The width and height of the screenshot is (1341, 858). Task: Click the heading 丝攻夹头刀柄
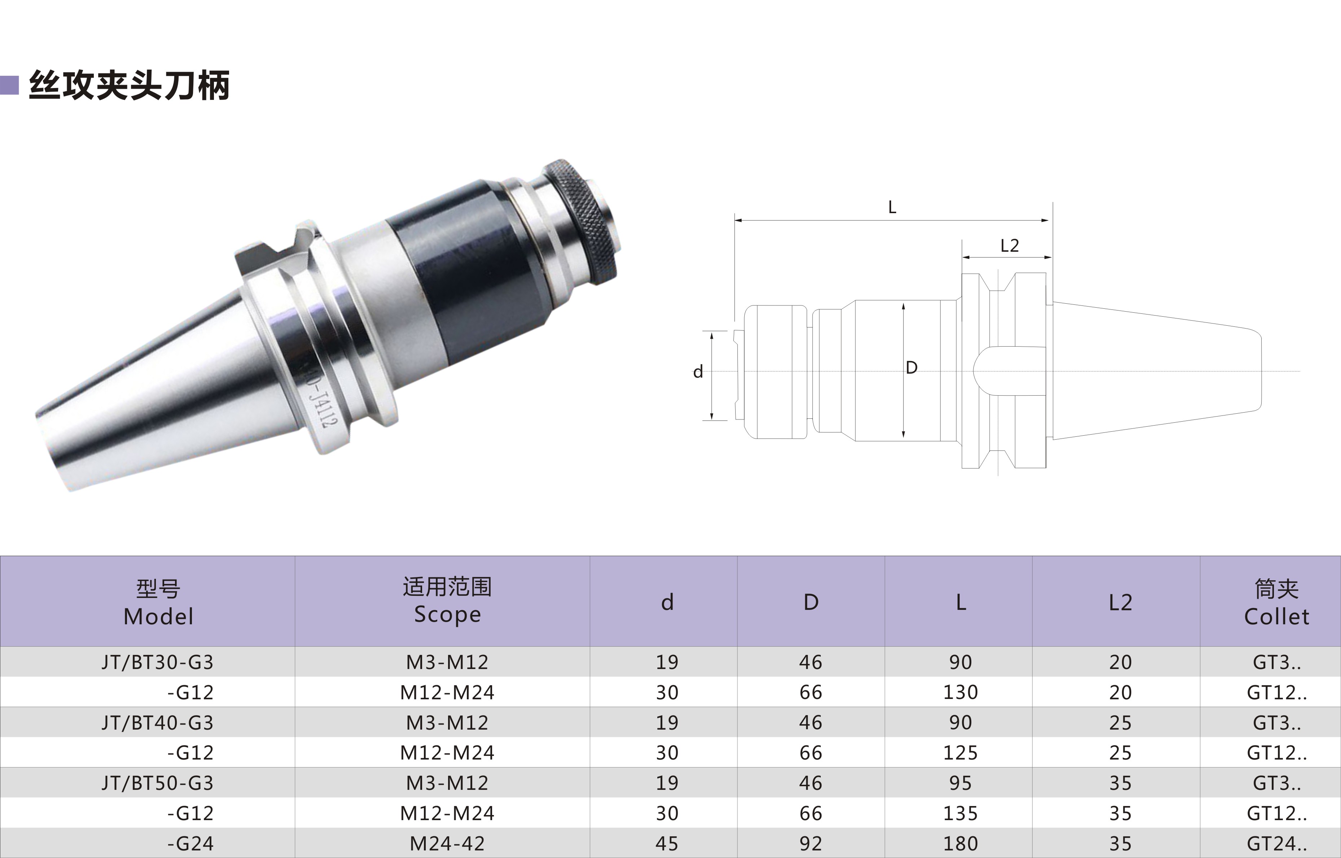click(x=129, y=85)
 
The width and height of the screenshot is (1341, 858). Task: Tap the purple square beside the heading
click(x=9, y=85)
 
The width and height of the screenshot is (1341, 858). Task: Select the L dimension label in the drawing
click(x=892, y=208)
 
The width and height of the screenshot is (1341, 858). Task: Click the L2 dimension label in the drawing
click(x=1009, y=246)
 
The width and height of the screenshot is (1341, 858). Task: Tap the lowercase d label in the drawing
click(x=698, y=371)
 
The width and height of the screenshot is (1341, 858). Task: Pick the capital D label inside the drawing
click(x=911, y=368)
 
